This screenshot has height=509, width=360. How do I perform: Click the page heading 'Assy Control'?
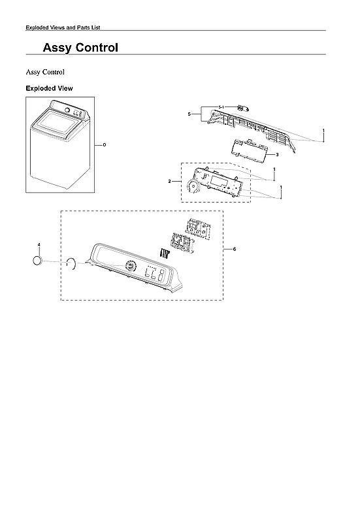[x=80, y=48]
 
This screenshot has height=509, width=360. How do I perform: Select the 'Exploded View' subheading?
[x=49, y=88]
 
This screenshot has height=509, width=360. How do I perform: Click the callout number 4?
[x=39, y=244]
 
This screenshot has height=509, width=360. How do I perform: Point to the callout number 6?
[x=235, y=250]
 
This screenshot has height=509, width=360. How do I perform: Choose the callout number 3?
[x=277, y=155]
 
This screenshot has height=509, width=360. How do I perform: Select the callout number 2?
[x=170, y=180]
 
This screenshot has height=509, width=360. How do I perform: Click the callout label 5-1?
[x=221, y=107]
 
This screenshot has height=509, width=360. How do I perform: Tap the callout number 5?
[x=189, y=114]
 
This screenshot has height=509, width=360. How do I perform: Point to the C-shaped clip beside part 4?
[x=72, y=264]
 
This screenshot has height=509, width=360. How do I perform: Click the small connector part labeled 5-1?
[x=242, y=107]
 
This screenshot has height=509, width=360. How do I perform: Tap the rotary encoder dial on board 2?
[x=192, y=187]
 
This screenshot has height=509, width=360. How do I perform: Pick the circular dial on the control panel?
[x=130, y=267]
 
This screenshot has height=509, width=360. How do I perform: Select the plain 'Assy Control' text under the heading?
[x=44, y=71]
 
